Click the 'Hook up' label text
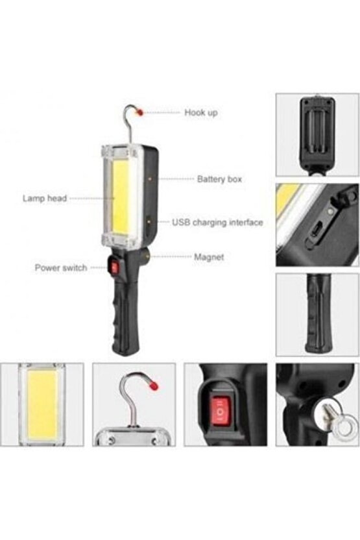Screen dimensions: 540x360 (x=200, y=112)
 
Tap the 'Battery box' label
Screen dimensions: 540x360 (x=219, y=178)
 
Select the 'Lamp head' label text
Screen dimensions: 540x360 (x=45, y=199)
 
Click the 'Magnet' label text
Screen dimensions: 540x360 (x=209, y=257)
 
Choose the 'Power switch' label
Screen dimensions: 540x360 (x=61, y=267)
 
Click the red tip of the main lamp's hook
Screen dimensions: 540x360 (x=140, y=112)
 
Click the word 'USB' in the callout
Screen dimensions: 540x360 (x=181, y=222)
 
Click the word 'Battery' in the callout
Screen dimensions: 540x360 (x=210, y=178)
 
